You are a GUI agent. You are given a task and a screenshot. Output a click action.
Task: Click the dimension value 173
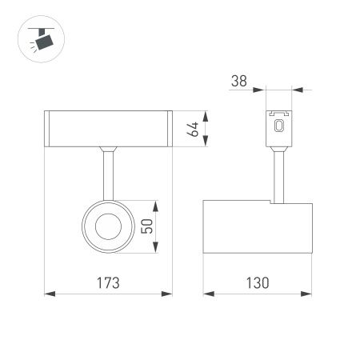(108, 282)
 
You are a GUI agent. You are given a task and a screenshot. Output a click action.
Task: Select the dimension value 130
(256, 282)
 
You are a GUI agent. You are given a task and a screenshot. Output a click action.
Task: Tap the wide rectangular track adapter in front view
(107, 129)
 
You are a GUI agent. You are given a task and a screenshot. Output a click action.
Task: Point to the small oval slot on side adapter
(279, 126)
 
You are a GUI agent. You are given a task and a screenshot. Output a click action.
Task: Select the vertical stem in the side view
(279, 176)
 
